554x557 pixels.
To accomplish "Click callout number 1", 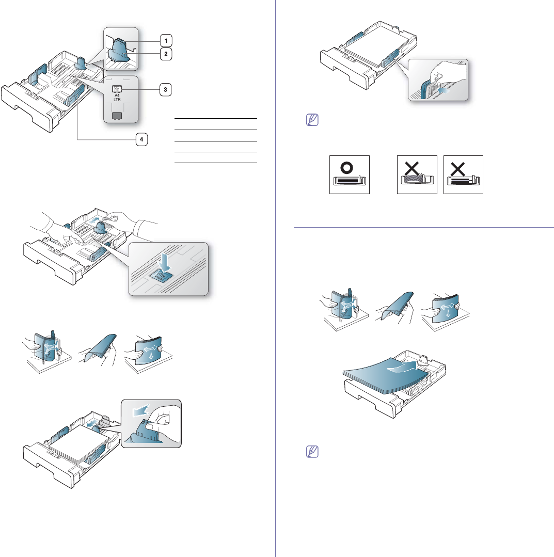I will (166, 40).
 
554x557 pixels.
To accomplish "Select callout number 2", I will (166, 53).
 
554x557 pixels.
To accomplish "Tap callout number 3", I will (165, 89).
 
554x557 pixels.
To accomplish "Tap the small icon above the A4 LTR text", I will (117, 89).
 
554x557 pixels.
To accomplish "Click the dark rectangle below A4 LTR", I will (117, 115).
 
